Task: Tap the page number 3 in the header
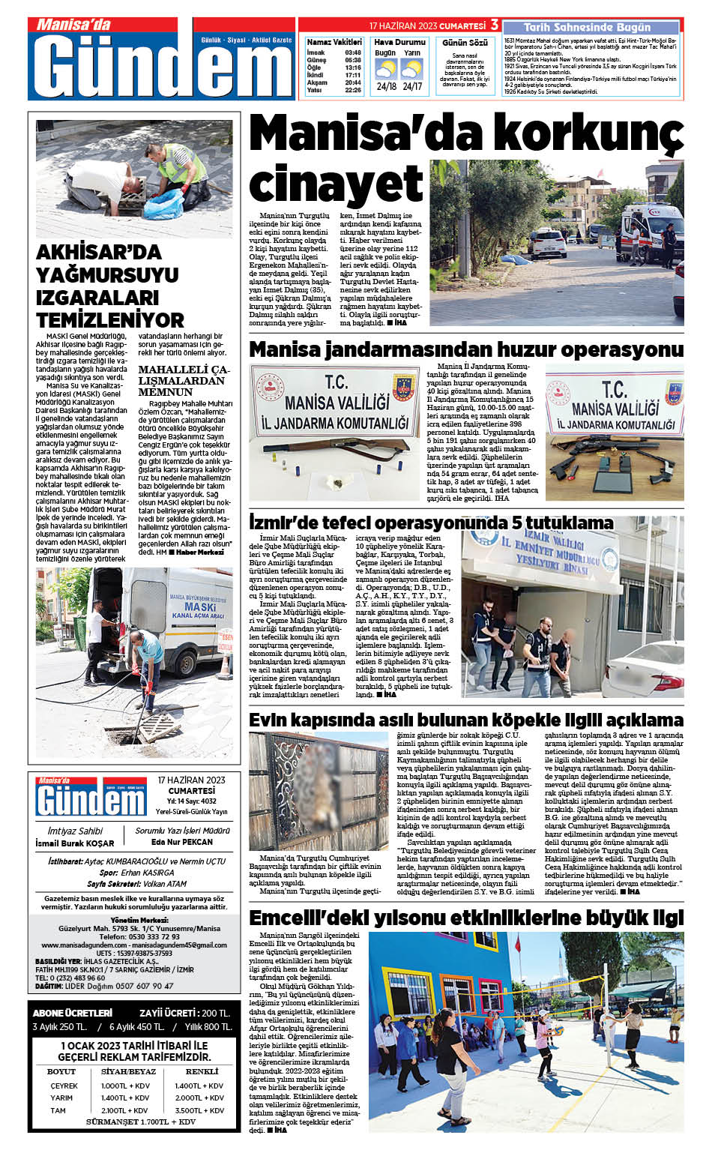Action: [x=495, y=25]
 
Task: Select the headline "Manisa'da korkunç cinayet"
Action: [x=465, y=157]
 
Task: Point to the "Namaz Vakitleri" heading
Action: [x=334, y=42]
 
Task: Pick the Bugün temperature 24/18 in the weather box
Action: [x=387, y=87]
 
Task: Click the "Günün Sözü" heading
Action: [x=465, y=43]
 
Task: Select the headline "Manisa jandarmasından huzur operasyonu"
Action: [x=465, y=349]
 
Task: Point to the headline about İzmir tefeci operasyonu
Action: [x=431, y=523]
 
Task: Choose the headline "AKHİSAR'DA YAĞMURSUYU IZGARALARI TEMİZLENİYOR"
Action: [x=109, y=286]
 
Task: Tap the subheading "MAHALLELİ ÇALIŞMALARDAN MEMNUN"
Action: [x=184, y=380]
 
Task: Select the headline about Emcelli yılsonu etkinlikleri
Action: [x=465, y=918]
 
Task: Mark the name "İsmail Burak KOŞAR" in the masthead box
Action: [x=75, y=843]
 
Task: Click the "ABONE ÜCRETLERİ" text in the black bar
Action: [x=73, y=1013]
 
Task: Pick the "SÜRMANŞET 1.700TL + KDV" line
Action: [x=140, y=1122]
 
